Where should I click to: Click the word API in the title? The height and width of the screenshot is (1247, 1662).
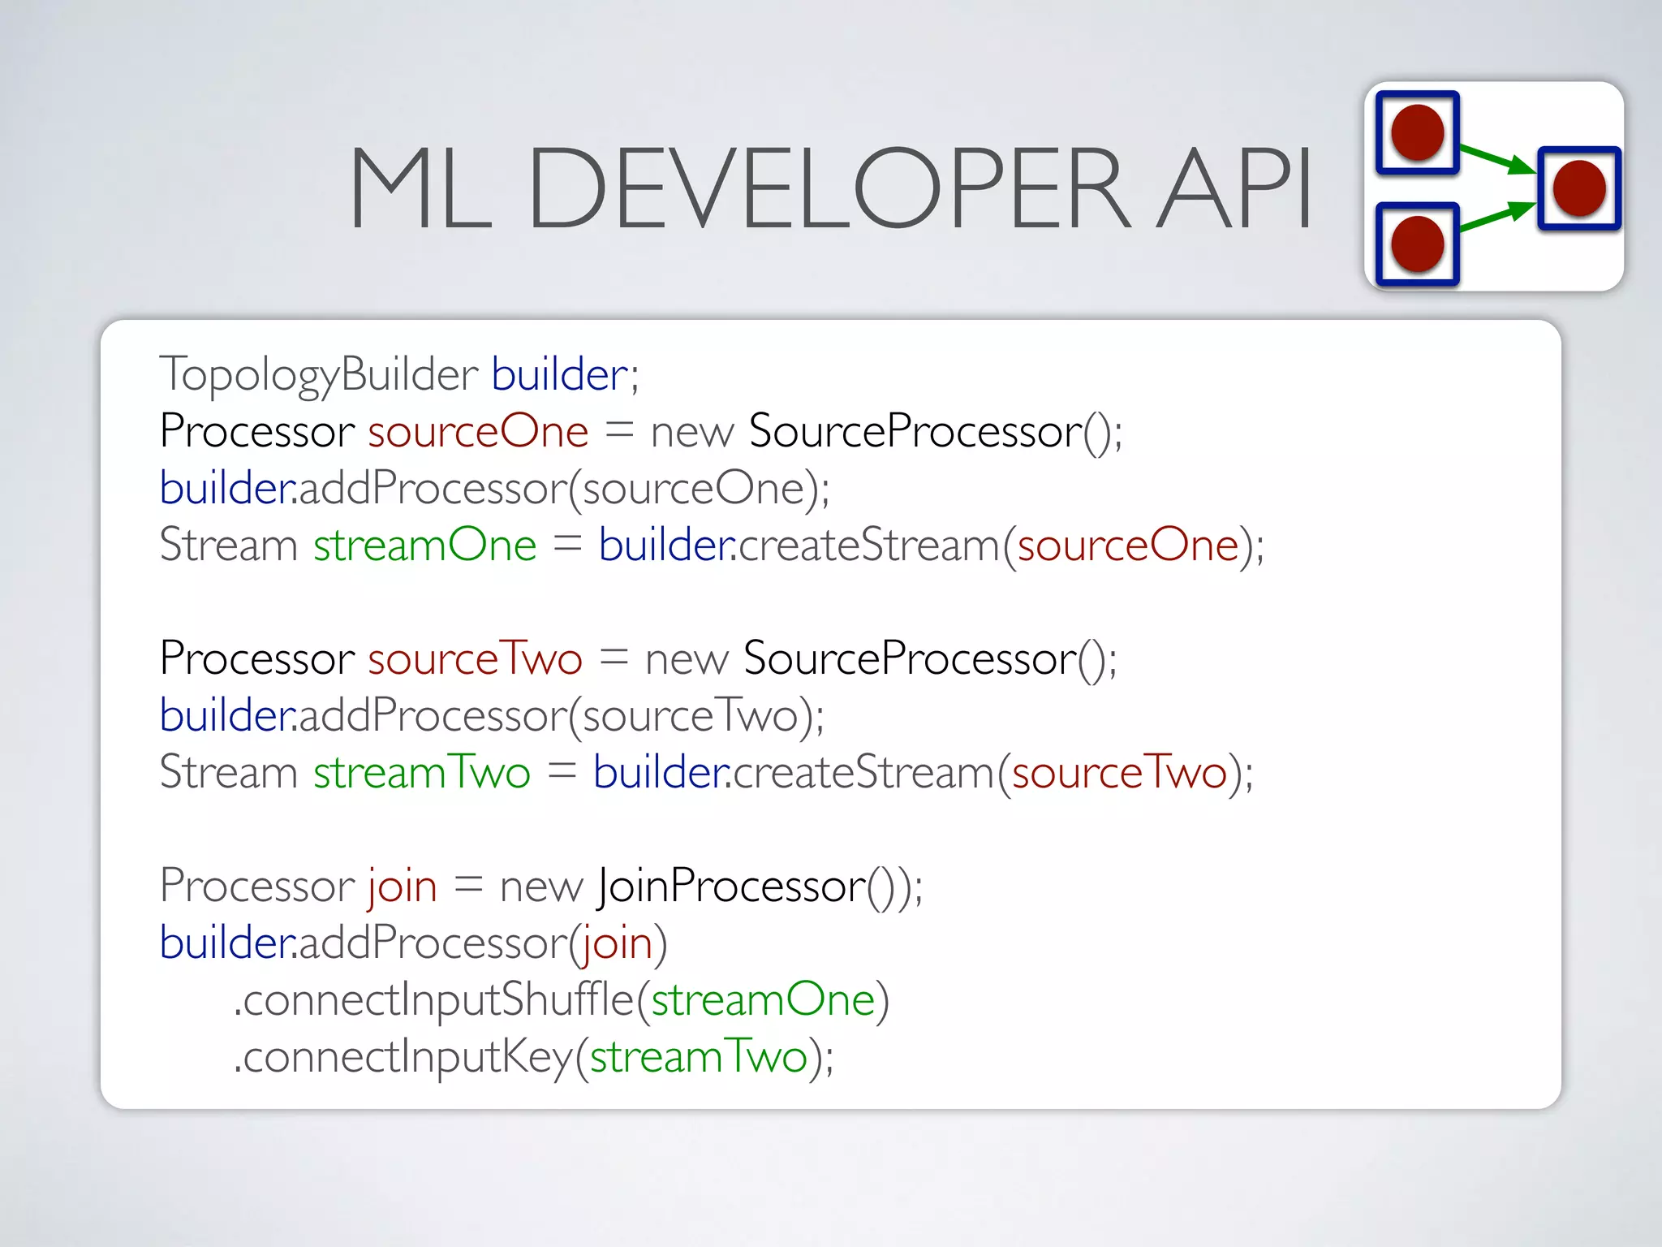click(1234, 188)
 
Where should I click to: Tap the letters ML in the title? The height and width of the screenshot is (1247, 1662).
click(420, 188)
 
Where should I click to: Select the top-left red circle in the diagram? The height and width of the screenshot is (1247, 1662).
click(1417, 132)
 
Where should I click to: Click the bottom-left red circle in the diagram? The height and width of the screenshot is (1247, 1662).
click(1417, 244)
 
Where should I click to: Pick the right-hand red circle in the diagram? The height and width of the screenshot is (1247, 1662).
click(1578, 188)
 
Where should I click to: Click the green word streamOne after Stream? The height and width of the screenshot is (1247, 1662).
click(425, 545)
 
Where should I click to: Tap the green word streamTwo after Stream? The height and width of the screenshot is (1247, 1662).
click(422, 772)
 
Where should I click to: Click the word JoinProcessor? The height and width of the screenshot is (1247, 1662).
click(731, 886)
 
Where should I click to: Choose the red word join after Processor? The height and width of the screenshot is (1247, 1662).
click(403, 886)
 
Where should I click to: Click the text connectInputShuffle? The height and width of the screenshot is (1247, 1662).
click(438, 999)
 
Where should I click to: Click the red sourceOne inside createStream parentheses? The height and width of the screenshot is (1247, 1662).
click(1128, 545)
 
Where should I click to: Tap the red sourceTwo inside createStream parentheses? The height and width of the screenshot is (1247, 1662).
click(1119, 772)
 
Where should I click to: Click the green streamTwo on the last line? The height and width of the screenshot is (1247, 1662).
click(698, 1056)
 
